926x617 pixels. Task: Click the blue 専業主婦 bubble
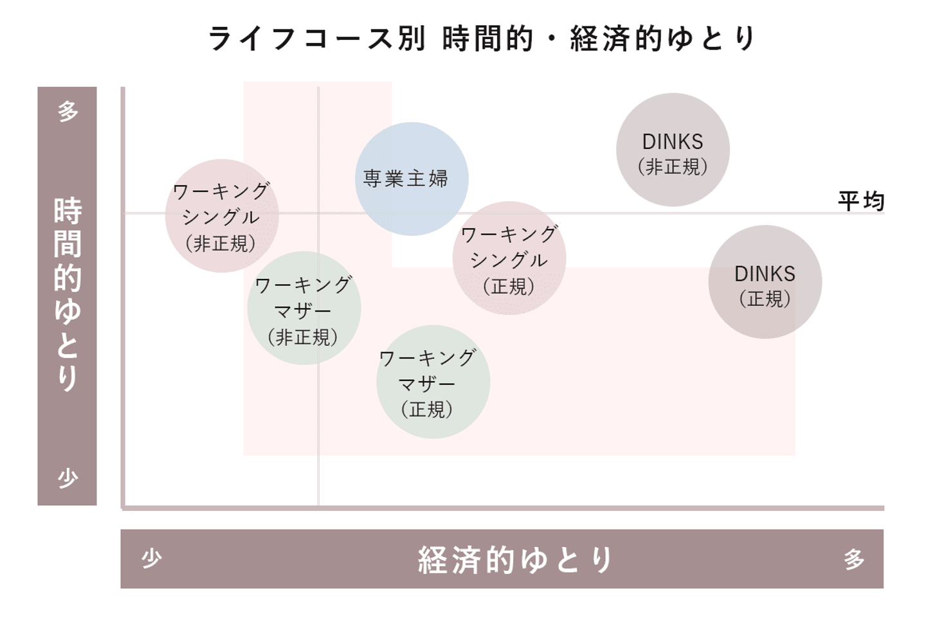point(412,179)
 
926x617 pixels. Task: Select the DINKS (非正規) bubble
point(673,150)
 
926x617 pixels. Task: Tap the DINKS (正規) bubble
point(765,282)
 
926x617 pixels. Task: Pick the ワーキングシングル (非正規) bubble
point(222,216)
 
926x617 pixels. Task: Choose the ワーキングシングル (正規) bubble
point(509,258)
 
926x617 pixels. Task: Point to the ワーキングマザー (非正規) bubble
point(304,308)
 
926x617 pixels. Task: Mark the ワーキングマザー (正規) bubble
point(433,382)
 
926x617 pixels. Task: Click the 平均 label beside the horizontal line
point(862,201)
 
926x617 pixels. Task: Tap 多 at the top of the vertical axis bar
point(68,111)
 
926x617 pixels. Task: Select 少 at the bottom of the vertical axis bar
point(68,478)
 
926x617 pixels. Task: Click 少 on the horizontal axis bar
point(152,559)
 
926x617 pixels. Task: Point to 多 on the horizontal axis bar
point(854,559)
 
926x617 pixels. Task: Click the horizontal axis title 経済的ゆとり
point(516,560)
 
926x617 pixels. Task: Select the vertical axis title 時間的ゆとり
point(68,294)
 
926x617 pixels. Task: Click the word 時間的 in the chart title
point(488,39)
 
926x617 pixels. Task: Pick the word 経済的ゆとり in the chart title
point(662,39)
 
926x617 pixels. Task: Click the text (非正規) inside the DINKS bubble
point(673,167)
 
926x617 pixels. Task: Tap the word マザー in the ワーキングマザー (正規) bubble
point(426,384)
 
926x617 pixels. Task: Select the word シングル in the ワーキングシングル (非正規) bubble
point(221,217)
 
